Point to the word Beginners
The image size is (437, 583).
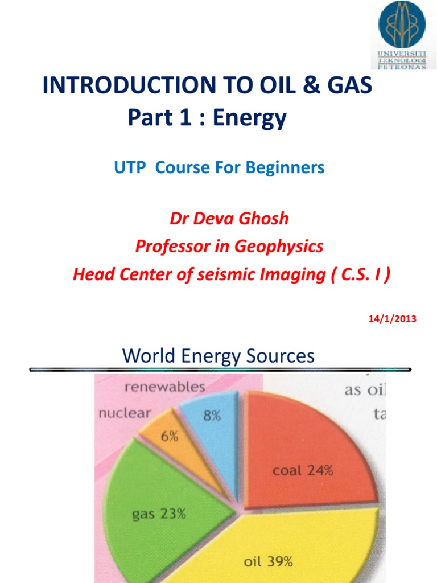[289, 168]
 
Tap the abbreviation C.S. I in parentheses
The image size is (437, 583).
[358, 275]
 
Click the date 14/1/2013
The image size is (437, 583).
[393, 319]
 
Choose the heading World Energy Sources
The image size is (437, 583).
[218, 356]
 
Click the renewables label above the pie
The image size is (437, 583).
[164, 388]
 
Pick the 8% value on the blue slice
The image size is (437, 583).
[212, 416]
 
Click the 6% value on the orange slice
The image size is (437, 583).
[169, 437]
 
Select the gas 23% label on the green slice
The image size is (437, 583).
[159, 514]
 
